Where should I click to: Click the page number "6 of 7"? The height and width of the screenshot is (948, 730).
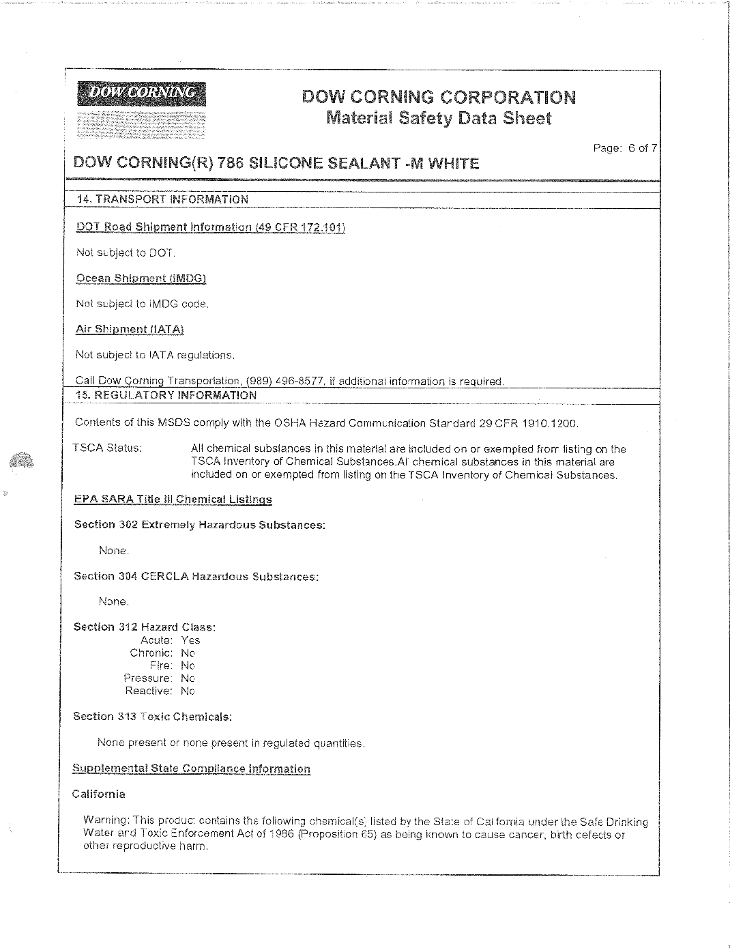[642, 148]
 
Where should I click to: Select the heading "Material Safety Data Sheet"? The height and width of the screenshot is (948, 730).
[439, 118]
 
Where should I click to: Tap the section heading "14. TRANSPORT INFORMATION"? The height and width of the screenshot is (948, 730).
[163, 199]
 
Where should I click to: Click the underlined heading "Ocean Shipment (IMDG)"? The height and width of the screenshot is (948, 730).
[141, 278]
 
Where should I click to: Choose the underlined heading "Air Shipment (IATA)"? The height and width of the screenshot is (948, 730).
[130, 329]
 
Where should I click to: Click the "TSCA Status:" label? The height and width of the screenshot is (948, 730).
[108, 448]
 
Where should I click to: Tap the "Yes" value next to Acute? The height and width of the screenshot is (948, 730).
[190, 640]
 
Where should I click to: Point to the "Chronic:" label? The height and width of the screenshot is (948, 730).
[151, 653]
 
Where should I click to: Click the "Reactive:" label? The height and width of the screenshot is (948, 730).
[148, 691]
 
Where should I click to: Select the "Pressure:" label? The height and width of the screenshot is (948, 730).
[147, 678]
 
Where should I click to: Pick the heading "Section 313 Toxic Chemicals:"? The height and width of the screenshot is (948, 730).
[153, 717]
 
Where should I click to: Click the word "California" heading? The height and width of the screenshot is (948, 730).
[99, 794]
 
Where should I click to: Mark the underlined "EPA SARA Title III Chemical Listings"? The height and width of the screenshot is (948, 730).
[173, 500]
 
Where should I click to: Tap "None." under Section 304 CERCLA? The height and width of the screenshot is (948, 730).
[113, 602]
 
